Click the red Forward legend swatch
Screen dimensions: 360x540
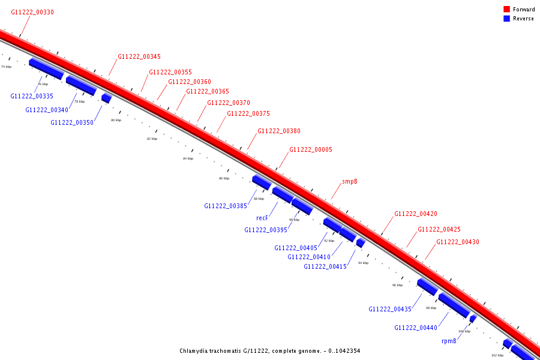pos(506,10)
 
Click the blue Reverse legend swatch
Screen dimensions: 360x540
pos(506,19)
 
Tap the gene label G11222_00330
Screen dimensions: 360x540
pos(32,12)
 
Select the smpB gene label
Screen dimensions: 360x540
pos(350,181)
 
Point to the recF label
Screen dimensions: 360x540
pos(262,218)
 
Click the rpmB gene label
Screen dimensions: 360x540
pos(449,341)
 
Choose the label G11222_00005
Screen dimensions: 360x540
pos(311,150)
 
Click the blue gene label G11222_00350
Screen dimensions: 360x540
pos(72,122)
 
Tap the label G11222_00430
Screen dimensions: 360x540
pos(458,242)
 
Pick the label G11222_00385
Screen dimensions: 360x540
pos(226,206)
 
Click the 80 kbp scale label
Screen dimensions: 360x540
pos(116,120)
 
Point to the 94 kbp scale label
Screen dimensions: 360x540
pos(363,263)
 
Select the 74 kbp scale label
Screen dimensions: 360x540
pos(6,67)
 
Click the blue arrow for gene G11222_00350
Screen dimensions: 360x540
pos(106,98)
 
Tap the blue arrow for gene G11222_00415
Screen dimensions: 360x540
pos(360,243)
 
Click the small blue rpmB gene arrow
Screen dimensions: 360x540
pos(473,319)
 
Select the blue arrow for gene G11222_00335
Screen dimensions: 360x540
pos(46,69)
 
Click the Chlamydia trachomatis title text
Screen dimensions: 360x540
pos(269,351)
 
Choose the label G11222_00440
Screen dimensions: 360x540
pos(416,328)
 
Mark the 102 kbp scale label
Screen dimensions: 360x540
pos(497,355)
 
